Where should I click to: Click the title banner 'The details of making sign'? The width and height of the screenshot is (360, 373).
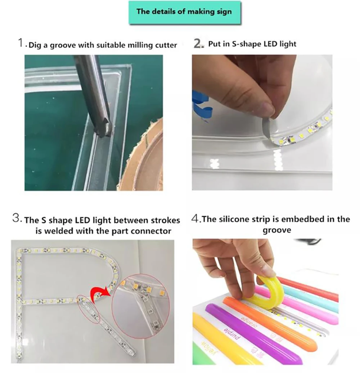click(184, 12)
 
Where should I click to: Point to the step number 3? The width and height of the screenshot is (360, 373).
click(17, 219)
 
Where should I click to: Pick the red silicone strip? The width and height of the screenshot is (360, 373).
click(313, 288)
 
